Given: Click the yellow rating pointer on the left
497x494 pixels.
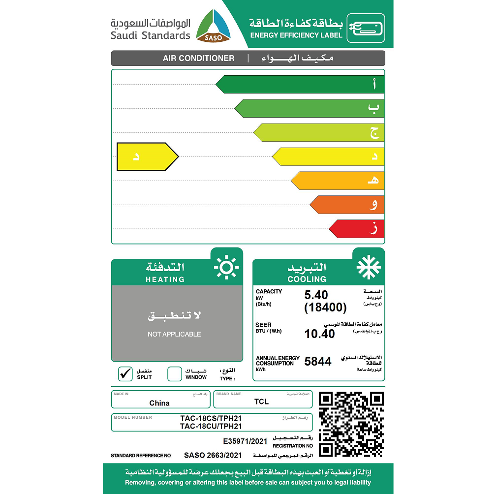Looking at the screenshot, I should click(147, 156).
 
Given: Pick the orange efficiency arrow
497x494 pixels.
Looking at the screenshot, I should click(346, 205).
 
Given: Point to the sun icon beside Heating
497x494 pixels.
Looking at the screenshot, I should click(226, 267).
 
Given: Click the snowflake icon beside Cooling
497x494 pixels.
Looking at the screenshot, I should click(369, 267).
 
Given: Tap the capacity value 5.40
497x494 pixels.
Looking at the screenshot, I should click(316, 295).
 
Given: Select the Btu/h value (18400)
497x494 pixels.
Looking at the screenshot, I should click(325, 308).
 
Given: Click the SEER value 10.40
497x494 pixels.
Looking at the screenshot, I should click(319, 334).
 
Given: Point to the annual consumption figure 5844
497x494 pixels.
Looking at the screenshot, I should click(318, 362).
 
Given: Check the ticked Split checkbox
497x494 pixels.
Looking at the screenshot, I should click(125, 373).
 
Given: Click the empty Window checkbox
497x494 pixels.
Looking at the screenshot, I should click(175, 374).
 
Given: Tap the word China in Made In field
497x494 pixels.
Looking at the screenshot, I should click(159, 403).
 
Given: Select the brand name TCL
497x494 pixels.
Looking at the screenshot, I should click(261, 401).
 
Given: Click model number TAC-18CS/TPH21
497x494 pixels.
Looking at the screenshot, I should click(211, 419).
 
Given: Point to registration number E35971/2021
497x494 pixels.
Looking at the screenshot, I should click(245, 441).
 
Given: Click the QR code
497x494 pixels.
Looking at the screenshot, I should click(351, 424).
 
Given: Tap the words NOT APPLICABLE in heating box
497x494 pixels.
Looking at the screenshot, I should click(174, 334).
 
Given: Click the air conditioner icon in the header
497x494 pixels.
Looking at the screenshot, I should click(366, 28).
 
